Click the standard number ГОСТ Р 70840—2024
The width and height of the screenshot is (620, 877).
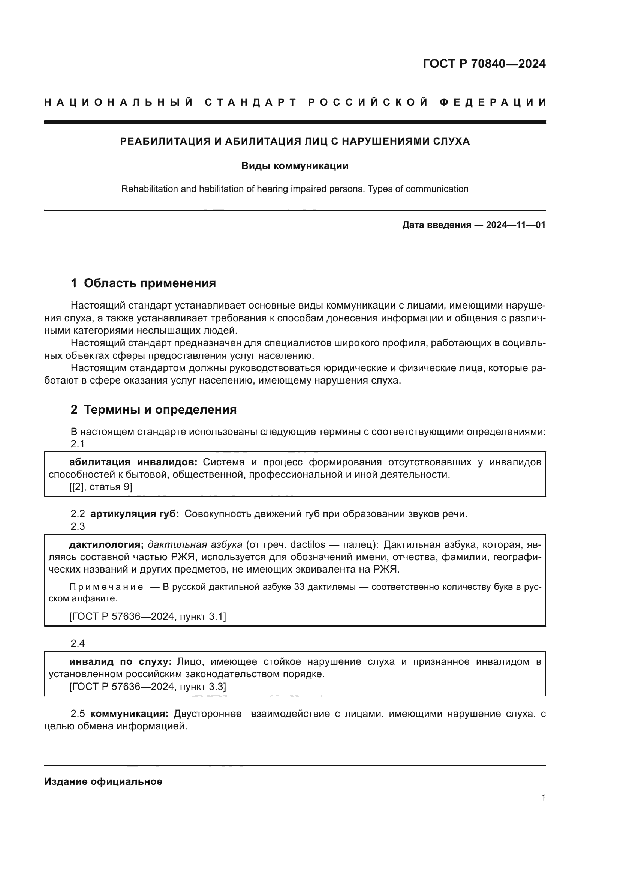tap(484, 64)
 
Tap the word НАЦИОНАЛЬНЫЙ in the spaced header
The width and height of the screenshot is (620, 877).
tap(119, 102)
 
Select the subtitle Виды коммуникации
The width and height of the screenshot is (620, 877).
tap(295, 166)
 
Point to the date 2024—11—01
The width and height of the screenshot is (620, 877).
tap(515, 225)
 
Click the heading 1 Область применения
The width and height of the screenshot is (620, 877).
tap(143, 283)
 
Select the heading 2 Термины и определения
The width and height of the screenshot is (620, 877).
tap(153, 409)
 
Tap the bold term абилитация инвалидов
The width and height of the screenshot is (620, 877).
tap(133, 462)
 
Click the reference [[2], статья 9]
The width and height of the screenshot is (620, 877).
tap(101, 487)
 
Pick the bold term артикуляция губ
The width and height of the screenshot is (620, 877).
tap(135, 514)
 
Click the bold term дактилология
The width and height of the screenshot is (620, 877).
tap(106, 545)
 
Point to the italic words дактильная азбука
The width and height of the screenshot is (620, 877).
tap(195, 545)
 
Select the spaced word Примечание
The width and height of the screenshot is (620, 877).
tap(106, 587)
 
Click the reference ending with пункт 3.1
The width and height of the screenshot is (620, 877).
tap(147, 616)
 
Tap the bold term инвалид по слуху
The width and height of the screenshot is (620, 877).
tap(120, 661)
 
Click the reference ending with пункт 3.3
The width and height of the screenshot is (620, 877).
tap(147, 687)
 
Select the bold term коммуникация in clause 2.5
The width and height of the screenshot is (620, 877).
tap(129, 714)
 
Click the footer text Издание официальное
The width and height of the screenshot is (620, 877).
tap(103, 781)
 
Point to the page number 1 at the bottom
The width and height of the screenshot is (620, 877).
tap(543, 798)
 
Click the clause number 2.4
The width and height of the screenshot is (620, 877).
tap(78, 644)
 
